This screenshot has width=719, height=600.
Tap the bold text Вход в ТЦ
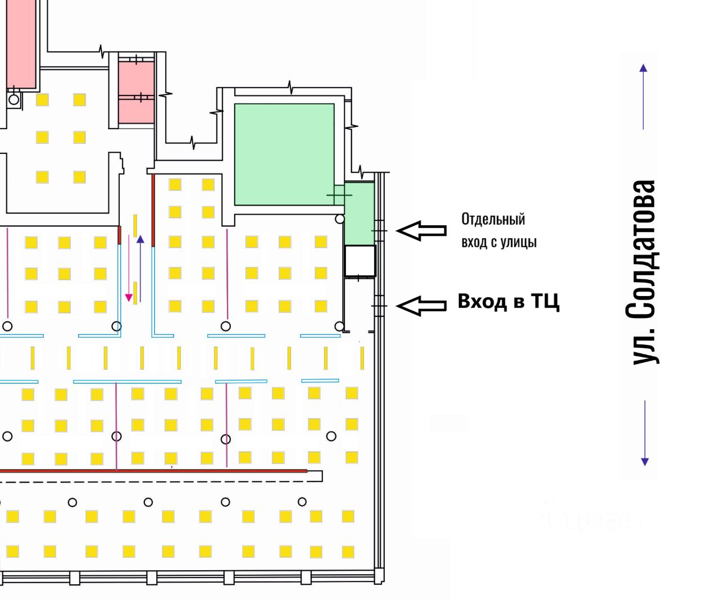click(508, 302)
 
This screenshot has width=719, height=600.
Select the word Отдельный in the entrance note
click(493, 219)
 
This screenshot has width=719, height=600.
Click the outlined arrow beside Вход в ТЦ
click(421, 305)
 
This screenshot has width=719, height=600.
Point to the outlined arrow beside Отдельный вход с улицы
click(421, 230)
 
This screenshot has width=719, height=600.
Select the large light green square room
click(284, 153)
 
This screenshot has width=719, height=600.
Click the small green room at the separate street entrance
click(359, 213)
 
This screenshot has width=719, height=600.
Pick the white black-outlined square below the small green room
click(359, 261)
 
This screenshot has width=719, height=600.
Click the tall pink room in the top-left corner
click(21, 44)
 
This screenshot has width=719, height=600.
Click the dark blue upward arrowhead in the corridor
click(140, 239)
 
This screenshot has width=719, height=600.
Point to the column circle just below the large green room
click(339, 219)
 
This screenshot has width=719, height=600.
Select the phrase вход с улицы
click(499, 242)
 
